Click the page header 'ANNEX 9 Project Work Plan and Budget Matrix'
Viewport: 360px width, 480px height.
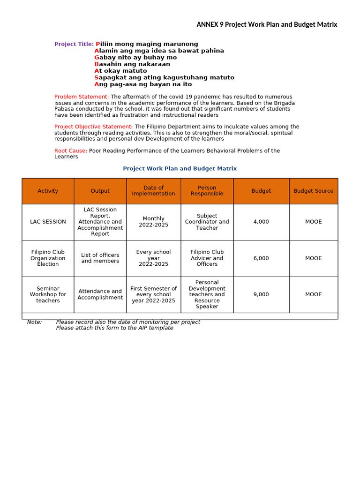pyautogui.click(x=266, y=24)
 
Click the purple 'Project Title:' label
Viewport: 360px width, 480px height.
pyautogui.click(x=74, y=44)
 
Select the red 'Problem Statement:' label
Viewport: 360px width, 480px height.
pyautogui.click(x=82, y=97)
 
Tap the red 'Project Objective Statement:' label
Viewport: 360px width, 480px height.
pyautogui.click(x=93, y=127)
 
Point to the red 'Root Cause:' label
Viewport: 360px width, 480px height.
pyautogui.click(x=71, y=150)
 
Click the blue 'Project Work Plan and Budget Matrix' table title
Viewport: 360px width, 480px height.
pyautogui.click(x=180, y=168)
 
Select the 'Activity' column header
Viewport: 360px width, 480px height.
pyautogui.click(x=48, y=191)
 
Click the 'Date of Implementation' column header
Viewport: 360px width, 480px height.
pyautogui.click(x=153, y=191)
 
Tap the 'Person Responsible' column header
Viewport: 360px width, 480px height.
pyautogui.click(x=207, y=191)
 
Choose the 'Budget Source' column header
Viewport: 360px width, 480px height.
pyautogui.click(x=313, y=191)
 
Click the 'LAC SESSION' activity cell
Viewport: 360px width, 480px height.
pyautogui.click(x=48, y=222)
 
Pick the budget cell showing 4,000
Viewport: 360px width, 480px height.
pyautogui.click(x=261, y=222)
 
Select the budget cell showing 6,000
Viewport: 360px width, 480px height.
pyautogui.click(x=261, y=258)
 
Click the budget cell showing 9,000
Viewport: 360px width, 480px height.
pyautogui.click(x=261, y=294)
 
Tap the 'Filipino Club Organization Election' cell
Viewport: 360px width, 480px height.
pyautogui.click(x=48, y=258)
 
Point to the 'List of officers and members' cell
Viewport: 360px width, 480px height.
pyautogui.click(x=100, y=258)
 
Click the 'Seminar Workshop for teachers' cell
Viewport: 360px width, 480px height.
pyautogui.click(x=48, y=294)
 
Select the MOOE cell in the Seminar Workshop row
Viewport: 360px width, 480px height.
pyautogui.click(x=313, y=294)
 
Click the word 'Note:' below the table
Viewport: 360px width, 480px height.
pyautogui.click(x=34, y=322)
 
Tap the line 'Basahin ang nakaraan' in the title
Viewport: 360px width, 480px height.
pyautogui.click(x=132, y=64)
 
